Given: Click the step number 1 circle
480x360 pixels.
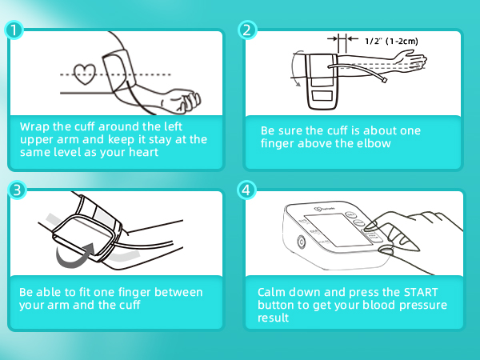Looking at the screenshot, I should [13, 30].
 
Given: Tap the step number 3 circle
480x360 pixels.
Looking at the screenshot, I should [13, 190].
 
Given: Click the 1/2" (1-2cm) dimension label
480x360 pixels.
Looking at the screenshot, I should [391, 40].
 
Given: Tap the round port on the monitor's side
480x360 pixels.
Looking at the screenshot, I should [302, 242].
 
